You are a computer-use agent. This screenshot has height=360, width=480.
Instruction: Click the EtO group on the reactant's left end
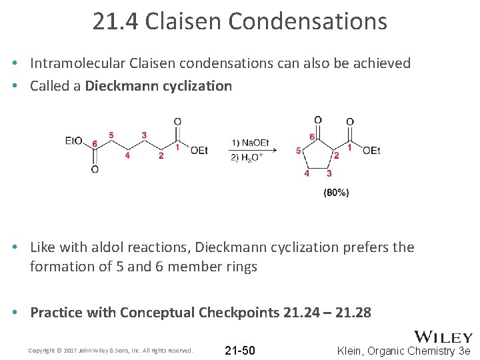[73, 141]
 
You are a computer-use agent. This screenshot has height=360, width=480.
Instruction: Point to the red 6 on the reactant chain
[95, 144]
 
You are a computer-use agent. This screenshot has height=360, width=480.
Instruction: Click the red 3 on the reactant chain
[144, 135]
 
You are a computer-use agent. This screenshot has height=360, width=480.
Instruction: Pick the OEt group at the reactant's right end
[199, 150]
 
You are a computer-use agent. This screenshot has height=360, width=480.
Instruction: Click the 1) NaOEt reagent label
[250, 143]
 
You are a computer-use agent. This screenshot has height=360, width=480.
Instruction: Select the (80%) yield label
[336, 193]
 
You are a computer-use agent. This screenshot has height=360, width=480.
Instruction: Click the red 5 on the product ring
[298, 151]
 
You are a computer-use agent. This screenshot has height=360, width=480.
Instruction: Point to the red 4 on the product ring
[307, 173]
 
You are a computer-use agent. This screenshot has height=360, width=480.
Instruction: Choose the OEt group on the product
[371, 151]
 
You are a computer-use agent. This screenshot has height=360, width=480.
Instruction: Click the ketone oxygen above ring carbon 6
[318, 121]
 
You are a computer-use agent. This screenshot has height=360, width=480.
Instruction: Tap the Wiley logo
[443, 337]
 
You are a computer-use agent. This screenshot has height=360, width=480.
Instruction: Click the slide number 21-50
[240, 351]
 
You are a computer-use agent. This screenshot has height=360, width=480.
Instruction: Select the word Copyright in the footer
[40, 351]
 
